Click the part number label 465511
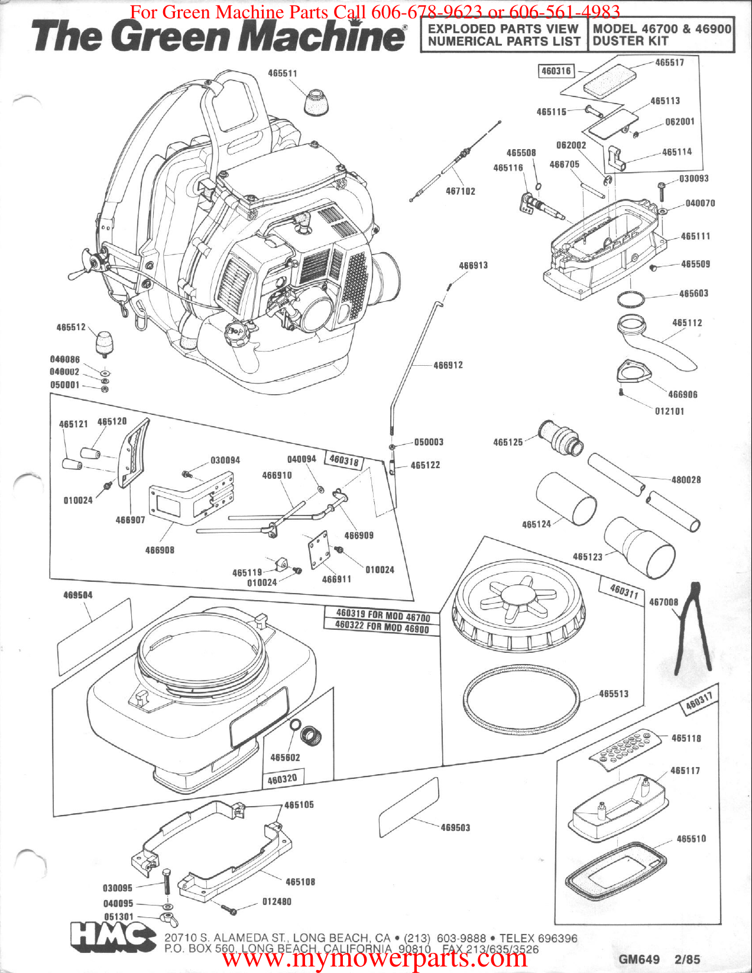pos(282,73)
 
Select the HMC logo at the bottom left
pos(112,936)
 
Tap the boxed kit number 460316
pos(556,71)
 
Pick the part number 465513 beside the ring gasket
pos(613,694)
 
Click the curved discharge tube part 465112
pos(656,343)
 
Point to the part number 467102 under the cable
pos(460,191)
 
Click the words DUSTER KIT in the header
pos(630,41)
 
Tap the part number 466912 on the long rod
pos(448,365)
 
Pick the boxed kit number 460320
pos(282,779)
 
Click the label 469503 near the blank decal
pos(455,827)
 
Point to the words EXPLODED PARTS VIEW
pos(503,28)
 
